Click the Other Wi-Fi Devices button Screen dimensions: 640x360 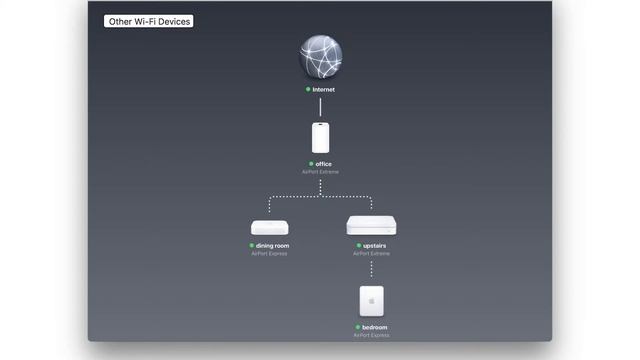[149, 20]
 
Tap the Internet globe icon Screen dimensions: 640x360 [320, 57]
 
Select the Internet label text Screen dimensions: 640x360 [324, 89]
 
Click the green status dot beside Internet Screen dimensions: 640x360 [308, 89]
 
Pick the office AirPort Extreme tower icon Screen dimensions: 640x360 [320, 136]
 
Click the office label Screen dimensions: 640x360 [323, 163]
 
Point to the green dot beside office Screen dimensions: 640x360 [310, 163]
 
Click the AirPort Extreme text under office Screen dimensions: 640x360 [320, 172]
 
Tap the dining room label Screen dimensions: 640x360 [273, 245]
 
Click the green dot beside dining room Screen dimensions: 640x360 [252, 245]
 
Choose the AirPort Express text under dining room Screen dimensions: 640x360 [270, 254]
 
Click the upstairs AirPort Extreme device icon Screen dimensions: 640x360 [371, 225]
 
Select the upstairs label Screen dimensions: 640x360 [375, 245]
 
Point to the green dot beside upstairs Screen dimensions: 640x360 [357, 245]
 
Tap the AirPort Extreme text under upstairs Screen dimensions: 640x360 [371, 254]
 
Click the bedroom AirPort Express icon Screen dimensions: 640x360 [371, 301]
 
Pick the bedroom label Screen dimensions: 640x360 [375, 327]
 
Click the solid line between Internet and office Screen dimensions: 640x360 [320, 106]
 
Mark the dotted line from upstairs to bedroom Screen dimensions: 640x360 [371, 270]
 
